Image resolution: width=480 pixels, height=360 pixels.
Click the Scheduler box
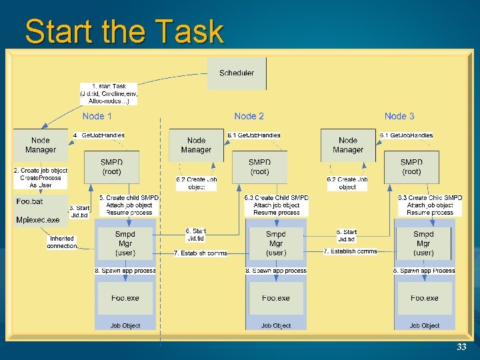tap(237, 73)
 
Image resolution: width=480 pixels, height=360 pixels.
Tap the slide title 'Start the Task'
tap(124, 31)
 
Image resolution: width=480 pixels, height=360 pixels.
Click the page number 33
tap(461, 347)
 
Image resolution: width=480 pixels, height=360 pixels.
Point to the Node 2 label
tap(249, 116)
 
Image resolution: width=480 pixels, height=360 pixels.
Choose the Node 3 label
tap(399, 116)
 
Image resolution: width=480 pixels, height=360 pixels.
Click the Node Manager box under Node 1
tap(41, 145)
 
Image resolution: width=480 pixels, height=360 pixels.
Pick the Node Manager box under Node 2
tap(196, 145)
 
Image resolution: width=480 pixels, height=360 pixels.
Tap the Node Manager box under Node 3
tap(348, 145)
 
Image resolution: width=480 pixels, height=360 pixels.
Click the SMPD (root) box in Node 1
tap(111, 167)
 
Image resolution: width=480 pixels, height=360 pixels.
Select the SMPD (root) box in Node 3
tap(411, 167)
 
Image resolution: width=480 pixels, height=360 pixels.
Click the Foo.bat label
tap(29, 201)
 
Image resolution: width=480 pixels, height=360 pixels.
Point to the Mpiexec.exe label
tap(37, 219)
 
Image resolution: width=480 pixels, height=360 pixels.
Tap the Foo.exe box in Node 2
tap(276, 298)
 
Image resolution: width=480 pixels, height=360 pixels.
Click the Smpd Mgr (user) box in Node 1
tap(125, 243)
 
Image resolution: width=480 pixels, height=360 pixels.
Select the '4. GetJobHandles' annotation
tap(99, 135)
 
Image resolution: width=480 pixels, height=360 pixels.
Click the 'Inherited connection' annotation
tap(62, 241)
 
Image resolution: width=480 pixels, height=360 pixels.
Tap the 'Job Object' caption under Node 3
tap(425, 325)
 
